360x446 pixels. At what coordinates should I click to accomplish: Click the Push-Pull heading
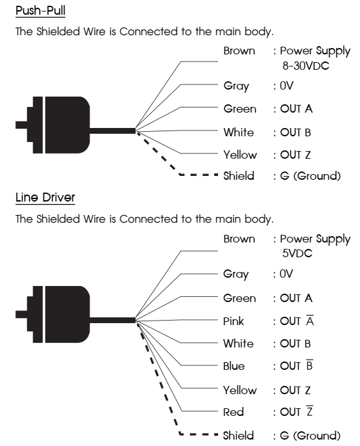(x=40, y=12)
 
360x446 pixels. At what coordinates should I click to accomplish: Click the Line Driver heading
(x=45, y=198)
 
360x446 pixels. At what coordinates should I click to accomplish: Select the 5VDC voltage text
(x=297, y=253)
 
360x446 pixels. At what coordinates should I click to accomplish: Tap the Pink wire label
(x=233, y=321)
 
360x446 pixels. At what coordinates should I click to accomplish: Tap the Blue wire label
(x=234, y=367)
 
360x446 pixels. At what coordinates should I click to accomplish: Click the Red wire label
(x=233, y=413)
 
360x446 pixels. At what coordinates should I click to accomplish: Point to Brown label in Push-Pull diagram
(x=239, y=51)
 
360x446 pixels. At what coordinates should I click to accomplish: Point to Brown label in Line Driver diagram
(x=239, y=239)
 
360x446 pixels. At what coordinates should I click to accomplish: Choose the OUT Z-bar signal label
(x=297, y=412)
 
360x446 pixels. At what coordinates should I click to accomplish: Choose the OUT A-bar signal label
(x=297, y=321)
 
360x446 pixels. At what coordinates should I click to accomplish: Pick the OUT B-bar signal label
(x=297, y=366)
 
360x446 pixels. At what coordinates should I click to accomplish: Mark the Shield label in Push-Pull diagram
(x=239, y=175)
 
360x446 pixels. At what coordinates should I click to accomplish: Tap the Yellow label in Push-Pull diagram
(x=240, y=155)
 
